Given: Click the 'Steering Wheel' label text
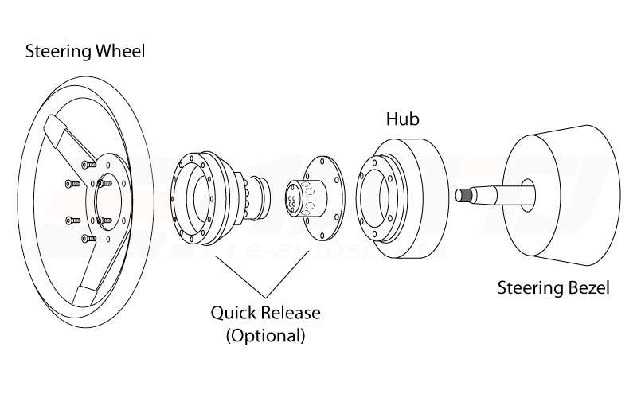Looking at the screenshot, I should [86, 53].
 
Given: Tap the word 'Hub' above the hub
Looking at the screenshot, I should [402, 120].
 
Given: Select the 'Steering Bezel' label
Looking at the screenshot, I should [553, 287].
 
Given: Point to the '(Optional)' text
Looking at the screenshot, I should [265, 334].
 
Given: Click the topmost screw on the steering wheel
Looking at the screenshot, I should [89, 163].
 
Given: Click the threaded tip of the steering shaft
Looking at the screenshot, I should [465, 194].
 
